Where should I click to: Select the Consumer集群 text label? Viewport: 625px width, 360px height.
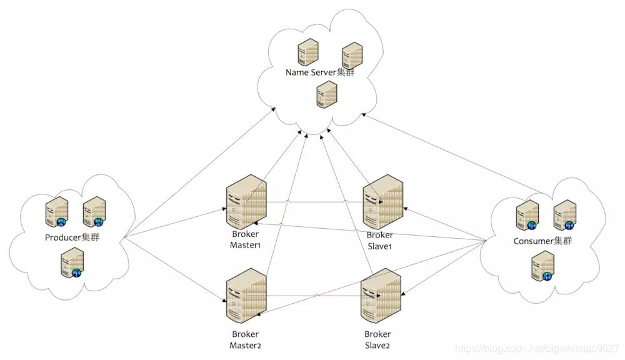[x=542, y=241]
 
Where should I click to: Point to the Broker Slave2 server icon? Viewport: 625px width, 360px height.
[x=381, y=295]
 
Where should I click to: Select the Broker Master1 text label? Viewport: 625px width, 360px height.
[x=245, y=240]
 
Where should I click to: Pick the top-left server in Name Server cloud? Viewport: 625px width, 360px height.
[x=306, y=51]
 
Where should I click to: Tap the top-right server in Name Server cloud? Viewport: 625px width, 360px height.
[x=352, y=55]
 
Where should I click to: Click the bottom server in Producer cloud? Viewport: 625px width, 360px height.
[x=72, y=263]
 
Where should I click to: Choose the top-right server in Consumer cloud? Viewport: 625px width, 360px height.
[x=564, y=215]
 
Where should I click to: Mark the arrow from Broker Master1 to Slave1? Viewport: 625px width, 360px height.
[x=316, y=202]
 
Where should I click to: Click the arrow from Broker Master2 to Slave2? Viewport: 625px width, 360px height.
[x=316, y=296]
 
